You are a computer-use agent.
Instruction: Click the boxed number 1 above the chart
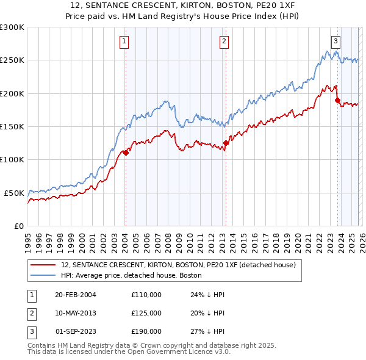[x=124, y=41]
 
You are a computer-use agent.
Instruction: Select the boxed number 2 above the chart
[x=224, y=41]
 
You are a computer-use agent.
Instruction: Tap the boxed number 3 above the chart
[x=335, y=41]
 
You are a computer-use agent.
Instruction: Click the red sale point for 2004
[x=126, y=153]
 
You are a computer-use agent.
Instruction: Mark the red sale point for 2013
[x=226, y=143]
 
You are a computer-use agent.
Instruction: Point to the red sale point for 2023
[x=337, y=101]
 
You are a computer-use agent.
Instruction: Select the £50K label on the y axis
[x=14, y=193]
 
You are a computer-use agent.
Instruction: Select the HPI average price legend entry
[x=135, y=275]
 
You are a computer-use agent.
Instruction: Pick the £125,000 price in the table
[x=146, y=313]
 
